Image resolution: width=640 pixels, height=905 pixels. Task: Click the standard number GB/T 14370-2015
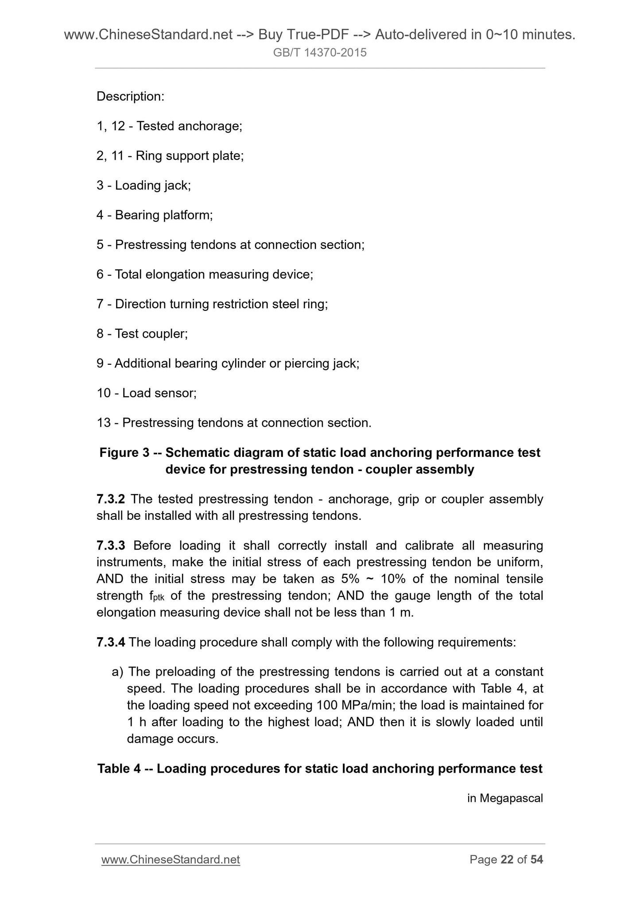point(320,53)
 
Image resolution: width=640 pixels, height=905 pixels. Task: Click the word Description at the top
point(130,97)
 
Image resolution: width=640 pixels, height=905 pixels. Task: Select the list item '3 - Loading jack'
point(144,186)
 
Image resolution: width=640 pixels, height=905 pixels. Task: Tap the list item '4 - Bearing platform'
point(155,215)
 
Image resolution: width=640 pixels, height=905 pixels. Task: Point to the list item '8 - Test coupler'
point(142,334)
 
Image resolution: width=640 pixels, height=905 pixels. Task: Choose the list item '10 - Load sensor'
point(147,393)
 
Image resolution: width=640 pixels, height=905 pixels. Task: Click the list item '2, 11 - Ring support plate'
point(170,156)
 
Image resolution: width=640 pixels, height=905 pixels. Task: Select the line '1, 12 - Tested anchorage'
point(169,126)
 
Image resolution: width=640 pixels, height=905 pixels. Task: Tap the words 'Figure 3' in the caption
point(124,452)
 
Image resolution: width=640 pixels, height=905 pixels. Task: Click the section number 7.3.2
point(110,499)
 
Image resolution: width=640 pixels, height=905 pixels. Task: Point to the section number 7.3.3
point(110,545)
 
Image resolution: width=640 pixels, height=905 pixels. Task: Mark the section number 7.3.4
point(111,642)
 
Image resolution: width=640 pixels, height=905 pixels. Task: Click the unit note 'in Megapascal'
point(505,798)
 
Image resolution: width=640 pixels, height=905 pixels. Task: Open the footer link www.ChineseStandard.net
point(171,860)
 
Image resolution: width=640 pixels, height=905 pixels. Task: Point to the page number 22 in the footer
point(507,860)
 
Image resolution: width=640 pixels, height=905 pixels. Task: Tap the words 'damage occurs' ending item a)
point(172,739)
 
